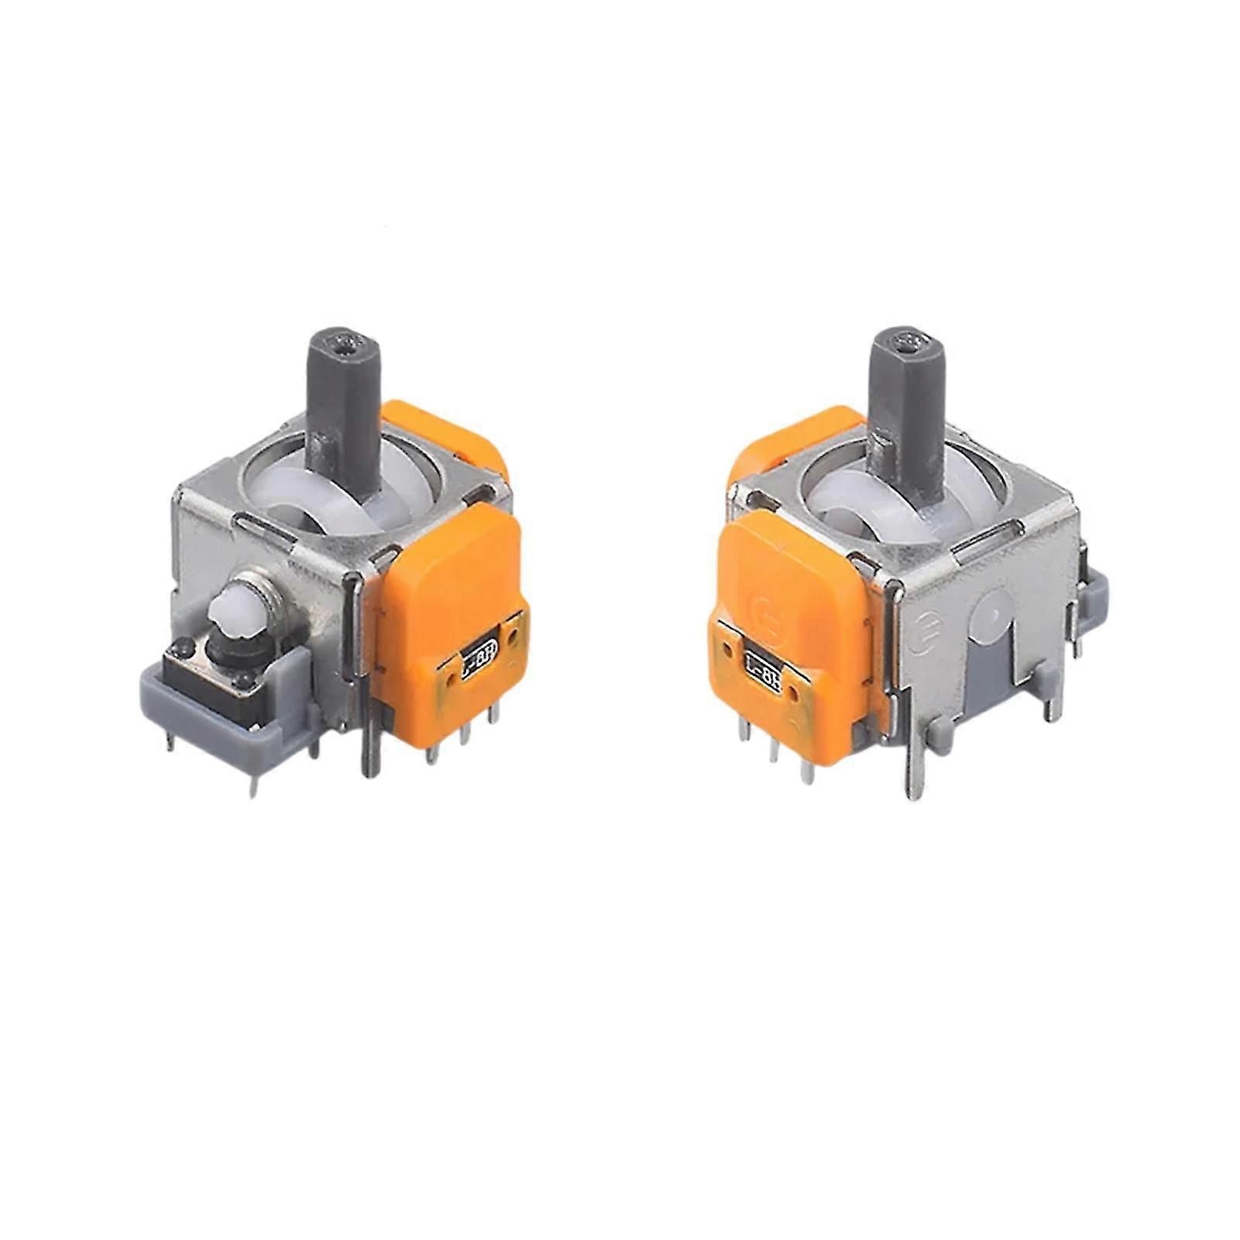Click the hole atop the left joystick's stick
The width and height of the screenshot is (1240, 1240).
[x=342, y=341]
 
